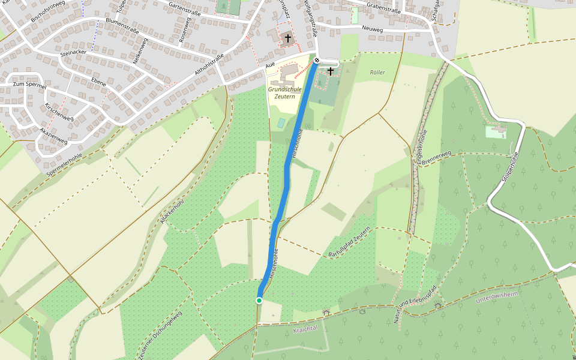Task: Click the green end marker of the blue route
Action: coord(259,300)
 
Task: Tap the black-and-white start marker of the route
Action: coord(316,61)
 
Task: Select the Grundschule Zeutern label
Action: coord(285,92)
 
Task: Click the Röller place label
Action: coord(377,73)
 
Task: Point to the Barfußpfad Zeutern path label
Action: coord(350,245)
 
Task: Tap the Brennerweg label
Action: coord(436,158)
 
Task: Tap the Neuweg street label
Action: coord(372,28)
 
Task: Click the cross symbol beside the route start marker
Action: coord(330,71)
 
